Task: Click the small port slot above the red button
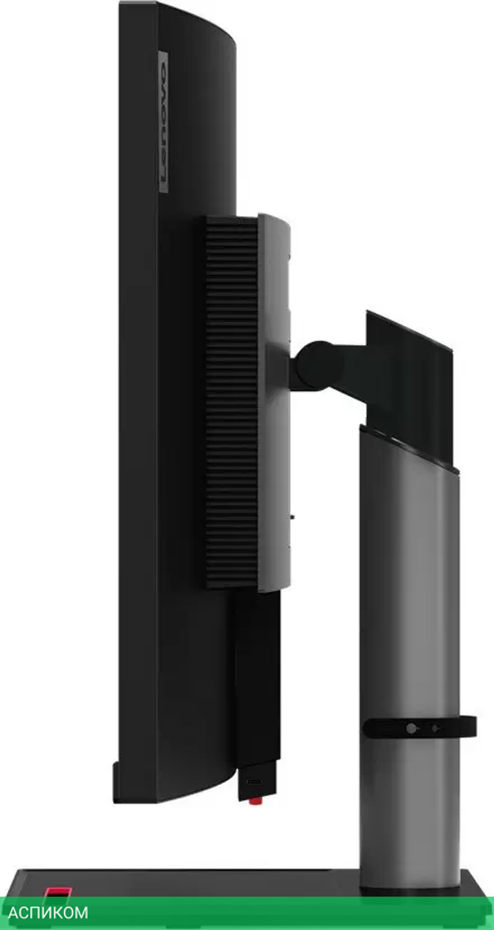coord(255,782)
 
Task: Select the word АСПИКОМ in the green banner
coord(48,912)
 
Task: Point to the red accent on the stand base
coord(58,892)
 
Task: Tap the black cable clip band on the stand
coord(419,727)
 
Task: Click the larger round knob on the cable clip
coord(411,728)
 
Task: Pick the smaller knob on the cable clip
coord(435,728)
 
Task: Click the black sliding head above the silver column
coord(409,385)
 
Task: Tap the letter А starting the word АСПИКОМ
coord(13,912)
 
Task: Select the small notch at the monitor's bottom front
coord(117,771)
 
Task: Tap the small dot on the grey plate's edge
coord(292,517)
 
